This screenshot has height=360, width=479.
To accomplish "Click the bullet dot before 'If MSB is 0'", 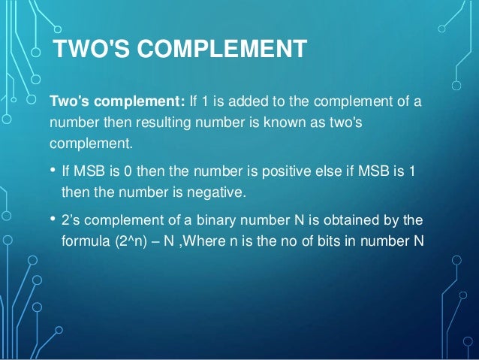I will point(53,170).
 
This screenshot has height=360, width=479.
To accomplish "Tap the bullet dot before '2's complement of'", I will point(53,219).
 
